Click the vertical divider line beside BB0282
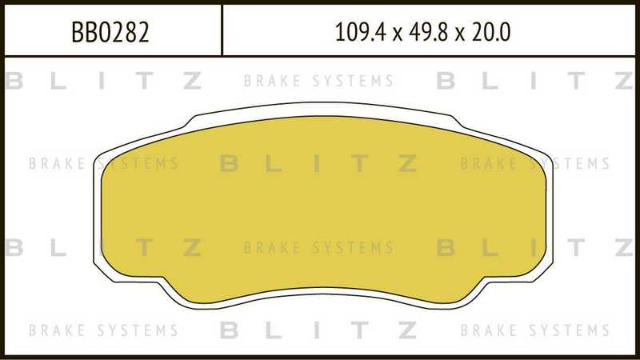point(222,29)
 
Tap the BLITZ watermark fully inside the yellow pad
point(318,163)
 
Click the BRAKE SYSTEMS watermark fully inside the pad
point(318,248)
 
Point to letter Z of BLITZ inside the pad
point(406,163)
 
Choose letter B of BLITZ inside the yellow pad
point(230,163)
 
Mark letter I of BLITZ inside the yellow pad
point(318,163)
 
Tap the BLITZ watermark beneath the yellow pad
point(318,330)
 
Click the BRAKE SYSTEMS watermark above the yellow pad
point(318,81)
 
